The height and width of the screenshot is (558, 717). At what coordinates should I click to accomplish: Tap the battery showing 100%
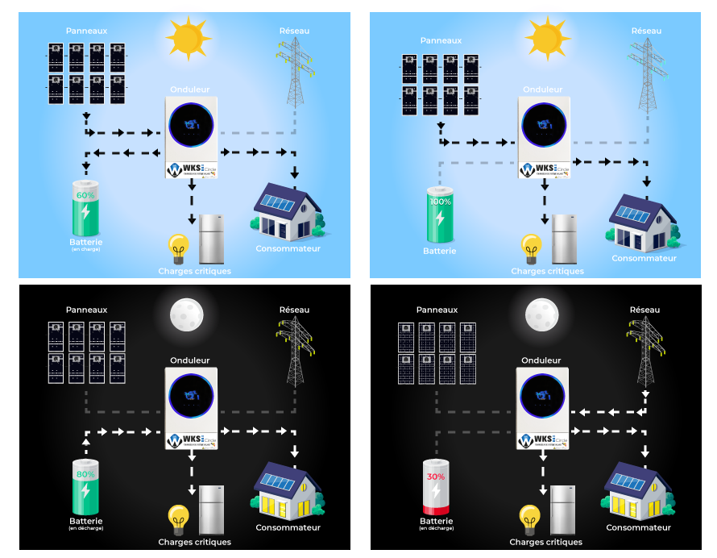(x=440, y=214)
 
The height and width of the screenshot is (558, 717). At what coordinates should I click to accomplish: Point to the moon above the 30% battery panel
(x=541, y=314)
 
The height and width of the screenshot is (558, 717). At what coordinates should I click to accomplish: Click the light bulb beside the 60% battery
(x=177, y=247)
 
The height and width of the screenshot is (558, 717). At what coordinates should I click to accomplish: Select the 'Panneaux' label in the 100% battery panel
(x=441, y=40)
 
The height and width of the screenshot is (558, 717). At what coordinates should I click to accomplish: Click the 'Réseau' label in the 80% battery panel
(x=294, y=310)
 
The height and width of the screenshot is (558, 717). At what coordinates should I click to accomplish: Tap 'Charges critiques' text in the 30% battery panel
(x=545, y=542)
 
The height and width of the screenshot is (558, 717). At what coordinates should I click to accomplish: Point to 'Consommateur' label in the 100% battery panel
(x=644, y=258)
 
